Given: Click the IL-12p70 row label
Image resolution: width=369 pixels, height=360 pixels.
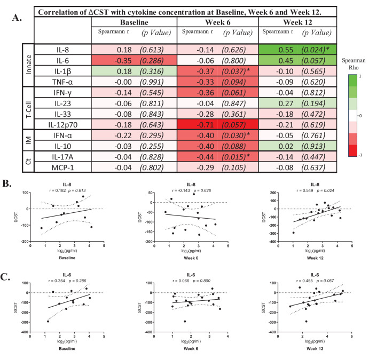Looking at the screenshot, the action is [63, 125].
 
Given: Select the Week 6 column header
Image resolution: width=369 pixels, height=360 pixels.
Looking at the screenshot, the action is [218, 22].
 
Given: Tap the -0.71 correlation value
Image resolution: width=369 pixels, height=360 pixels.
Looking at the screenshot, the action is [206, 125].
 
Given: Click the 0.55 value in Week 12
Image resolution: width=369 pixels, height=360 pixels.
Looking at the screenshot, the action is [286, 50].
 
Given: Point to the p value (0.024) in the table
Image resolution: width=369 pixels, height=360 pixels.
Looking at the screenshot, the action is [313, 50].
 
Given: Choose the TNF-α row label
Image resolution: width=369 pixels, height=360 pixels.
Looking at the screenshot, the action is [62, 82].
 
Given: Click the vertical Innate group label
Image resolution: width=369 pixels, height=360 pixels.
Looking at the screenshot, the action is [28, 65].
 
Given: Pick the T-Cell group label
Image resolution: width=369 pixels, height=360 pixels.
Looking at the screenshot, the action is [28, 110].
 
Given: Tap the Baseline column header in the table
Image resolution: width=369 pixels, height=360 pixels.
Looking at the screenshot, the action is [134, 22].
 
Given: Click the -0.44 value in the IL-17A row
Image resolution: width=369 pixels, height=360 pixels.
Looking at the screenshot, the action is [206, 157].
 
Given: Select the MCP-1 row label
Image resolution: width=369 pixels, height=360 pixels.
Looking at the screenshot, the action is [62, 167].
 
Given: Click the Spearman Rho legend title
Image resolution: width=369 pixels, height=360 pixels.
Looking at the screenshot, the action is [354, 64].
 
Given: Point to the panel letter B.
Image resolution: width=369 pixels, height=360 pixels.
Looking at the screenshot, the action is [7, 183].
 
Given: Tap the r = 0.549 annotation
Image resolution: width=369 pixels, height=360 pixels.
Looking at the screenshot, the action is [305, 190].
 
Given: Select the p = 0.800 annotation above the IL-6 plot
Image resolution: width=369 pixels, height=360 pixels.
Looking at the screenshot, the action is [202, 281].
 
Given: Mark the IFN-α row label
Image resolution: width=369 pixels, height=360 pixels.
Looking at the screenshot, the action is [62, 135].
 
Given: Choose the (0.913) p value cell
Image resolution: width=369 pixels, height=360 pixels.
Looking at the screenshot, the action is [313, 146].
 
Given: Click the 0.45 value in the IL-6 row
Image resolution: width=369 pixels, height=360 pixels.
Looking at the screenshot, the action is [286, 61].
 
